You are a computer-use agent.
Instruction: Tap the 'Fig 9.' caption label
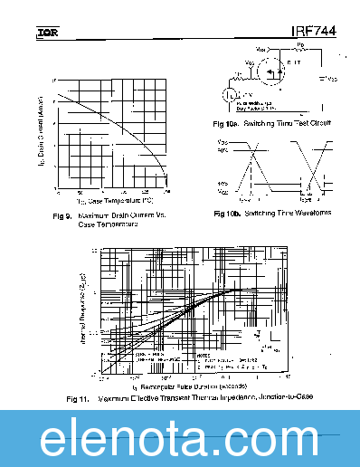[x=62, y=214]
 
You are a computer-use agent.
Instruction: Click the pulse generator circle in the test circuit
[x=231, y=93]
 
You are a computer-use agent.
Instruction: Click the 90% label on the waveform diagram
[x=223, y=150]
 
